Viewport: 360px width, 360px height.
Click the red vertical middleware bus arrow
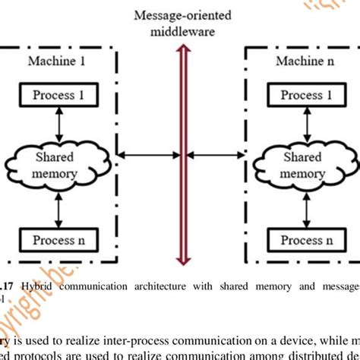[x=181, y=152]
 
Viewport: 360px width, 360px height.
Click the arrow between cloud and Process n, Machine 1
[x=48, y=208]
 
